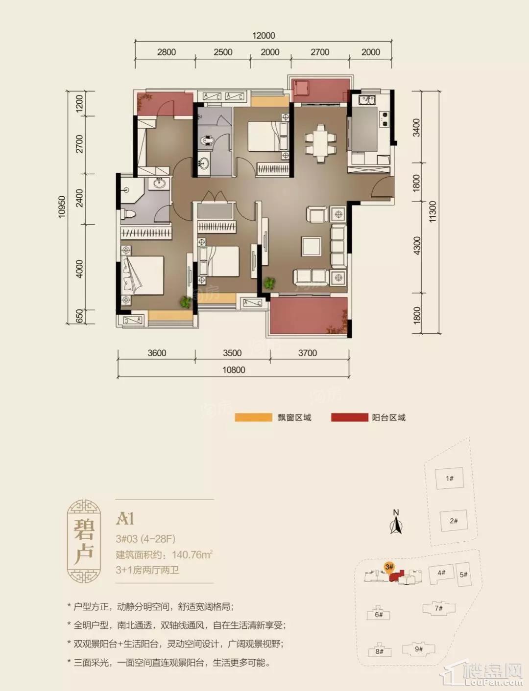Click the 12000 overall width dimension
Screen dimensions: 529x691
264,36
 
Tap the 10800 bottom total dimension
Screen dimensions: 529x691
234,370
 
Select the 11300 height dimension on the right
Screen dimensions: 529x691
433,212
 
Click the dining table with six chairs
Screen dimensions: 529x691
320,143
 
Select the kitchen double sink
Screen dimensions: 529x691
367,100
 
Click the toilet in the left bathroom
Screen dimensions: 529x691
128,214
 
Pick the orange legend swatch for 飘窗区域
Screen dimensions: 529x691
253,417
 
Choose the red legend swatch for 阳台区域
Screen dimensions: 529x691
349,417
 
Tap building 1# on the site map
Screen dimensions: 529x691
450,478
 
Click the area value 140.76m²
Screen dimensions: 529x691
192,554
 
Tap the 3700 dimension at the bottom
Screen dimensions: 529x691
308,353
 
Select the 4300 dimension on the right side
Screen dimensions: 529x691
416,246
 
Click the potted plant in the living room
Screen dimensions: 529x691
270,282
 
